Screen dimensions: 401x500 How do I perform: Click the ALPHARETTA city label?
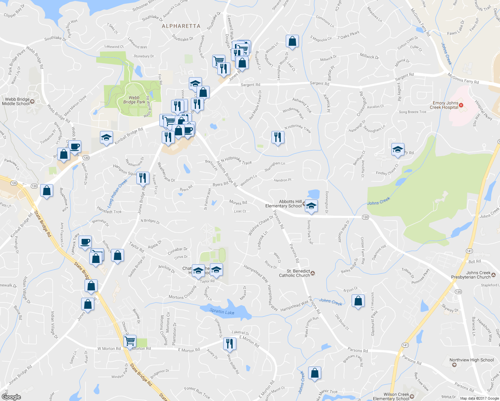[x=181, y=26]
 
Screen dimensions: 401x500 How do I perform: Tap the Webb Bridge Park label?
[x=134, y=100]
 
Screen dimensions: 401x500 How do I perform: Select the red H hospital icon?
[x=461, y=105]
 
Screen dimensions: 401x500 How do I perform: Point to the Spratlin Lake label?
[x=222, y=312]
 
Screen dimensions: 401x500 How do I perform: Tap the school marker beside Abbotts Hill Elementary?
[x=311, y=206]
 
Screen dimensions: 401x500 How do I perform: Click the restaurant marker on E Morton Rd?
[x=229, y=344]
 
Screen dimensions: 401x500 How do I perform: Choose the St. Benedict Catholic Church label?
[x=294, y=273]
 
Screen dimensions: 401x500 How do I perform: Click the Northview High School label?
[x=471, y=360]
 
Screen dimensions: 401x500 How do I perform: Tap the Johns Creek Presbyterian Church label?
[x=471, y=275]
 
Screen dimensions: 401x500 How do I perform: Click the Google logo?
[x=11, y=397]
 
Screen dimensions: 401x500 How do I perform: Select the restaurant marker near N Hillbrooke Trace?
[x=278, y=137]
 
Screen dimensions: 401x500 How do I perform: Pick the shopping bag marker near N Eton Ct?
[x=358, y=301]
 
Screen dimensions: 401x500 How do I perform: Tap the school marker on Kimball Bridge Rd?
[x=106, y=137]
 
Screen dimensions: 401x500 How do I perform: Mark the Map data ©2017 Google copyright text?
[x=479, y=398]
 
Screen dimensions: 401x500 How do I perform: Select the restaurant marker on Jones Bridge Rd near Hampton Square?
[x=143, y=178]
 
